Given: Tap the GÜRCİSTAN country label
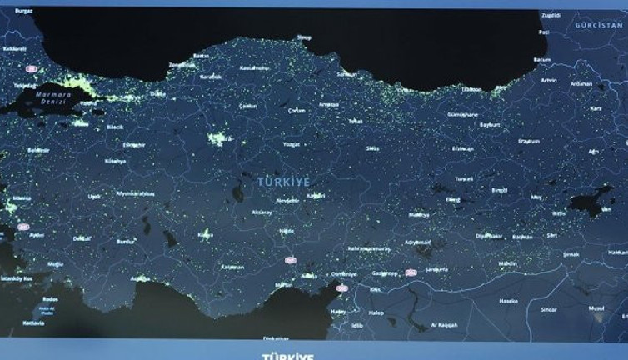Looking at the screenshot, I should click(x=598, y=26).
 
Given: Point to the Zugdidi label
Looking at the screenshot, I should click(x=551, y=15).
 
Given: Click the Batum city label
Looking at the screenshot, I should click(x=542, y=60).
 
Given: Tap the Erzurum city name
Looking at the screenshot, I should click(x=529, y=141).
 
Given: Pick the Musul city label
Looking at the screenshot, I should click(x=596, y=308).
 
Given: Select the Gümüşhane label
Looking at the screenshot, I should click(x=463, y=114).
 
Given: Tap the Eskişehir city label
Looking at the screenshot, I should click(x=134, y=145).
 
